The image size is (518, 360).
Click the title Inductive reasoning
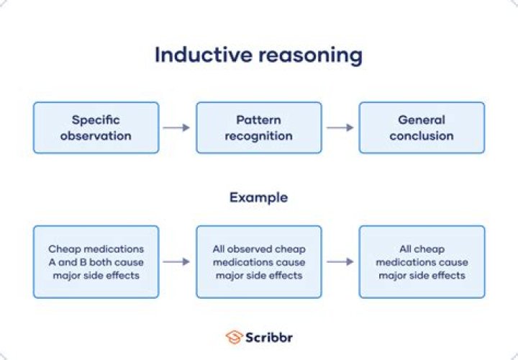259,55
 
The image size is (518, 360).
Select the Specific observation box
96,127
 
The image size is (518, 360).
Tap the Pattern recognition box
259,127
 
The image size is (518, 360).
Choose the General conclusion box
422,127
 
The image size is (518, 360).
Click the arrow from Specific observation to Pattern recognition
177,127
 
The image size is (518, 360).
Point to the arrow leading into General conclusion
340,127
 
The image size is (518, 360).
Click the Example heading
258,197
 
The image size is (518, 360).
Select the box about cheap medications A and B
96,262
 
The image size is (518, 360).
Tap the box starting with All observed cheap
259,262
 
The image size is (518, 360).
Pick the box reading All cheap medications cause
422,262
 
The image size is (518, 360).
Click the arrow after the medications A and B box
177,262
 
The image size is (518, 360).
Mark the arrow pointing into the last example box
340,262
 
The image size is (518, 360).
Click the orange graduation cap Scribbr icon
233,337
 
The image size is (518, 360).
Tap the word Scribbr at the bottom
270,337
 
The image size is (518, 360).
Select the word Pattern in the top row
259,120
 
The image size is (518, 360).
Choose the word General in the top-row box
422,120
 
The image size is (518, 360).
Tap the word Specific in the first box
96,120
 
